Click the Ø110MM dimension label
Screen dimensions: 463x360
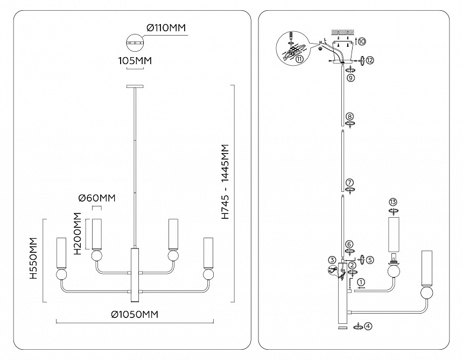(x=166, y=28)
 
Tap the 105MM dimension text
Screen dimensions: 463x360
(x=135, y=61)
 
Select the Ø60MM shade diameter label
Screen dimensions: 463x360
(x=97, y=198)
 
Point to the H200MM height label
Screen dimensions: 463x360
(x=77, y=233)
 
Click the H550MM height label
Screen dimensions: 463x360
(x=34, y=258)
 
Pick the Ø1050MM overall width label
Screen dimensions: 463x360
(x=135, y=315)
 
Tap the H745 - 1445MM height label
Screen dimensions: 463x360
(x=225, y=182)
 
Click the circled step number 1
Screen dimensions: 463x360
(x=362, y=282)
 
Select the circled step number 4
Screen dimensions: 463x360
(x=368, y=326)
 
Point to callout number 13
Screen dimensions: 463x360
(x=392, y=202)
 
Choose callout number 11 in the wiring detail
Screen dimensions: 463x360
(x=300, y=59)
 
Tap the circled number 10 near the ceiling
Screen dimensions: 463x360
(x=362, y=41)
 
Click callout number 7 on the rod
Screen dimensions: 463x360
(x=349, y=182)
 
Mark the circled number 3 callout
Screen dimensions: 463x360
(x=332, y=260)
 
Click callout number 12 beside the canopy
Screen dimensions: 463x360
(x=370, y=60)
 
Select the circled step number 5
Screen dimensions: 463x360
(x=370, y=260)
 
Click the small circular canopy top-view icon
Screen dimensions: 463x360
(x=135, y=43)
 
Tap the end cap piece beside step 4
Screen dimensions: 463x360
(x=343, y=327)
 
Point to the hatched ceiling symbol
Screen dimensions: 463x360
(x=342, y=31)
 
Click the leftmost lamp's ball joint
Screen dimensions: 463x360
(x=61, y=274)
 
